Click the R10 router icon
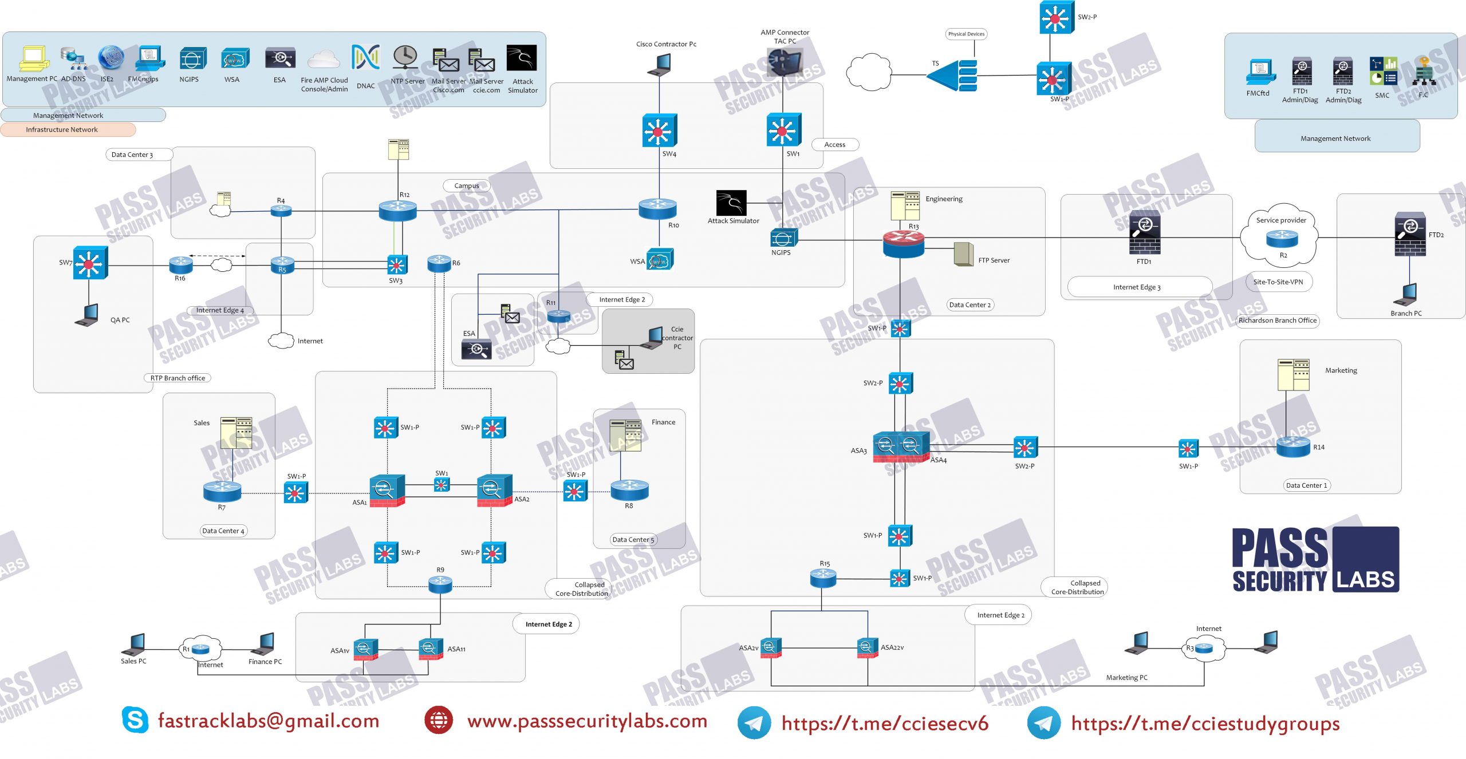(x=657, y=209)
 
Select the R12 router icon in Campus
(x=397, y=211)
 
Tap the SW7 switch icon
(x=90, y=263)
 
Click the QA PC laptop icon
(x=87, y=315)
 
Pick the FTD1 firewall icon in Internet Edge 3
(x=1145, y=233)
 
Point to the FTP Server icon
(x=963, y=254)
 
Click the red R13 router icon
(x=903, y=244)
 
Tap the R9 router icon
(x=440, y=584)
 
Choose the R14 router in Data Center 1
(x=1293, y=446)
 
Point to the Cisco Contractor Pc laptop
(x=659, y=65)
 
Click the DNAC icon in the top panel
(x=365, y=58)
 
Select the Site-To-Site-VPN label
(x=1278, y=282)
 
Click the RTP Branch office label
(x=178, y=378)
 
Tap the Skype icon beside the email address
(x=135, y=720)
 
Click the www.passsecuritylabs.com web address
(x=587, y=721)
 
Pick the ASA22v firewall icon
(x=867, y=647)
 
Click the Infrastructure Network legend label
(x=62, y=130)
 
